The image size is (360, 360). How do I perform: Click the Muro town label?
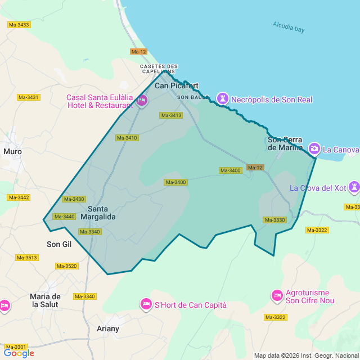point(13,151)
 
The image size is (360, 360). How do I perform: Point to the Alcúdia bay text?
point(289,26)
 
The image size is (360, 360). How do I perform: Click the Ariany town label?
point(108,328)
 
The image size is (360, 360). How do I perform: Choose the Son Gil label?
point(59,244)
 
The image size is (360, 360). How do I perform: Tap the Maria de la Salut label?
point(46,300)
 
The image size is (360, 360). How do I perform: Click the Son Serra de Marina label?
point(285,143)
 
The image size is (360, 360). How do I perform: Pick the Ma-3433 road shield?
point(19,25)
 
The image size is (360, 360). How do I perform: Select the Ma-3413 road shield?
point(172,115)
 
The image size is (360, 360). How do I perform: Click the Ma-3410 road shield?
point(127,138)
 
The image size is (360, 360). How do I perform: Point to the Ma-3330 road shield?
point(274,220)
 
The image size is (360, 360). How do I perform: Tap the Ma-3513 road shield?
point(27,258)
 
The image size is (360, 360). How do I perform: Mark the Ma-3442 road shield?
point(19,197)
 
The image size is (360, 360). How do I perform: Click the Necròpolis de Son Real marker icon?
point(223,99)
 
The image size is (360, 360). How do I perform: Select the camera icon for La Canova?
point(314,149)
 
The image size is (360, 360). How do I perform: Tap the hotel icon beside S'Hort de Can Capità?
point(146,304)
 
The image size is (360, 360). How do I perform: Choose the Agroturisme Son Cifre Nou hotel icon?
point(277,295)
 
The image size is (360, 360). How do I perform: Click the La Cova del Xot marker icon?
point(354,187)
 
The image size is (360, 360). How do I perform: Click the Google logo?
point(19,353)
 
